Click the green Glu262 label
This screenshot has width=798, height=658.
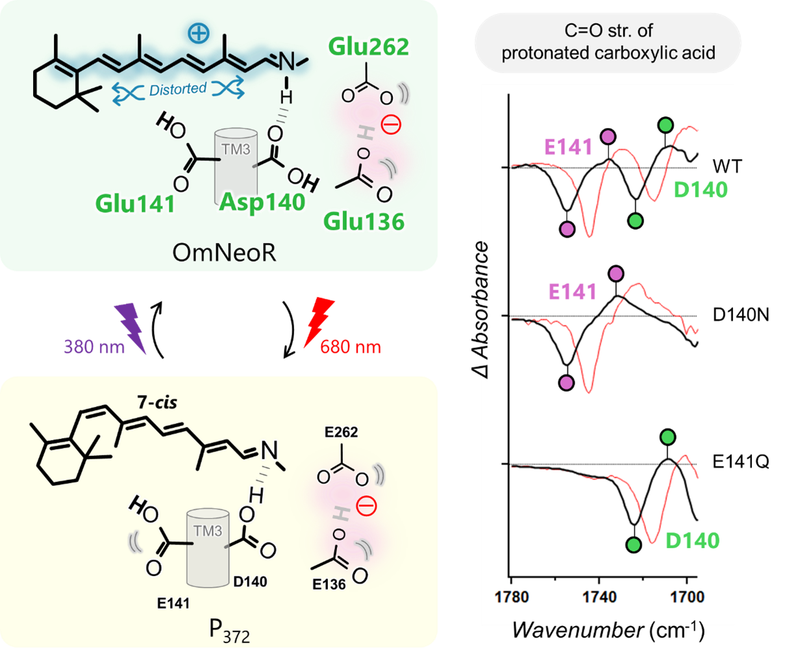pyautogui.click(x=369, y=47)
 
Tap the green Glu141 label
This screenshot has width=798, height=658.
pyautogui.click(x=135, y=204)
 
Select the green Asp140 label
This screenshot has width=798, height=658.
pyautogui.click(x=262, y=202)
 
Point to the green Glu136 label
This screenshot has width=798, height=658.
pyautogui.click(x=364, y=221)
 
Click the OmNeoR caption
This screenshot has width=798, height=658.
pyautogui.click(x=224, y=252)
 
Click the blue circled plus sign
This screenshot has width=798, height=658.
pyautogui.click(x=199, y=33)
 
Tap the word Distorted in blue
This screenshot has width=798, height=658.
pyautogui.click(x=178, y=89)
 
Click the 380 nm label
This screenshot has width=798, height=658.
pyautogui.click(x=95, y=346)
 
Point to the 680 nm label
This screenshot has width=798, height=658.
pyautogui.click(x=351, y=346)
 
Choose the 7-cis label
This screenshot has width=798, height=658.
pyautogui.click(x=156, y=402)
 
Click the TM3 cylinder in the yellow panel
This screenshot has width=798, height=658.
pyautogui.click(x=208, y=549)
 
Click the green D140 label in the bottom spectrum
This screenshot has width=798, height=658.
pyautogui.click(x=693, y=540)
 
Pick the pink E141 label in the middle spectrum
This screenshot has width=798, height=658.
pyautogui.click(x=572, y=292)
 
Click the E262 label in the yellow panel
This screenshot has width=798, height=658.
pyautogui.click(x=341, y=432)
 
